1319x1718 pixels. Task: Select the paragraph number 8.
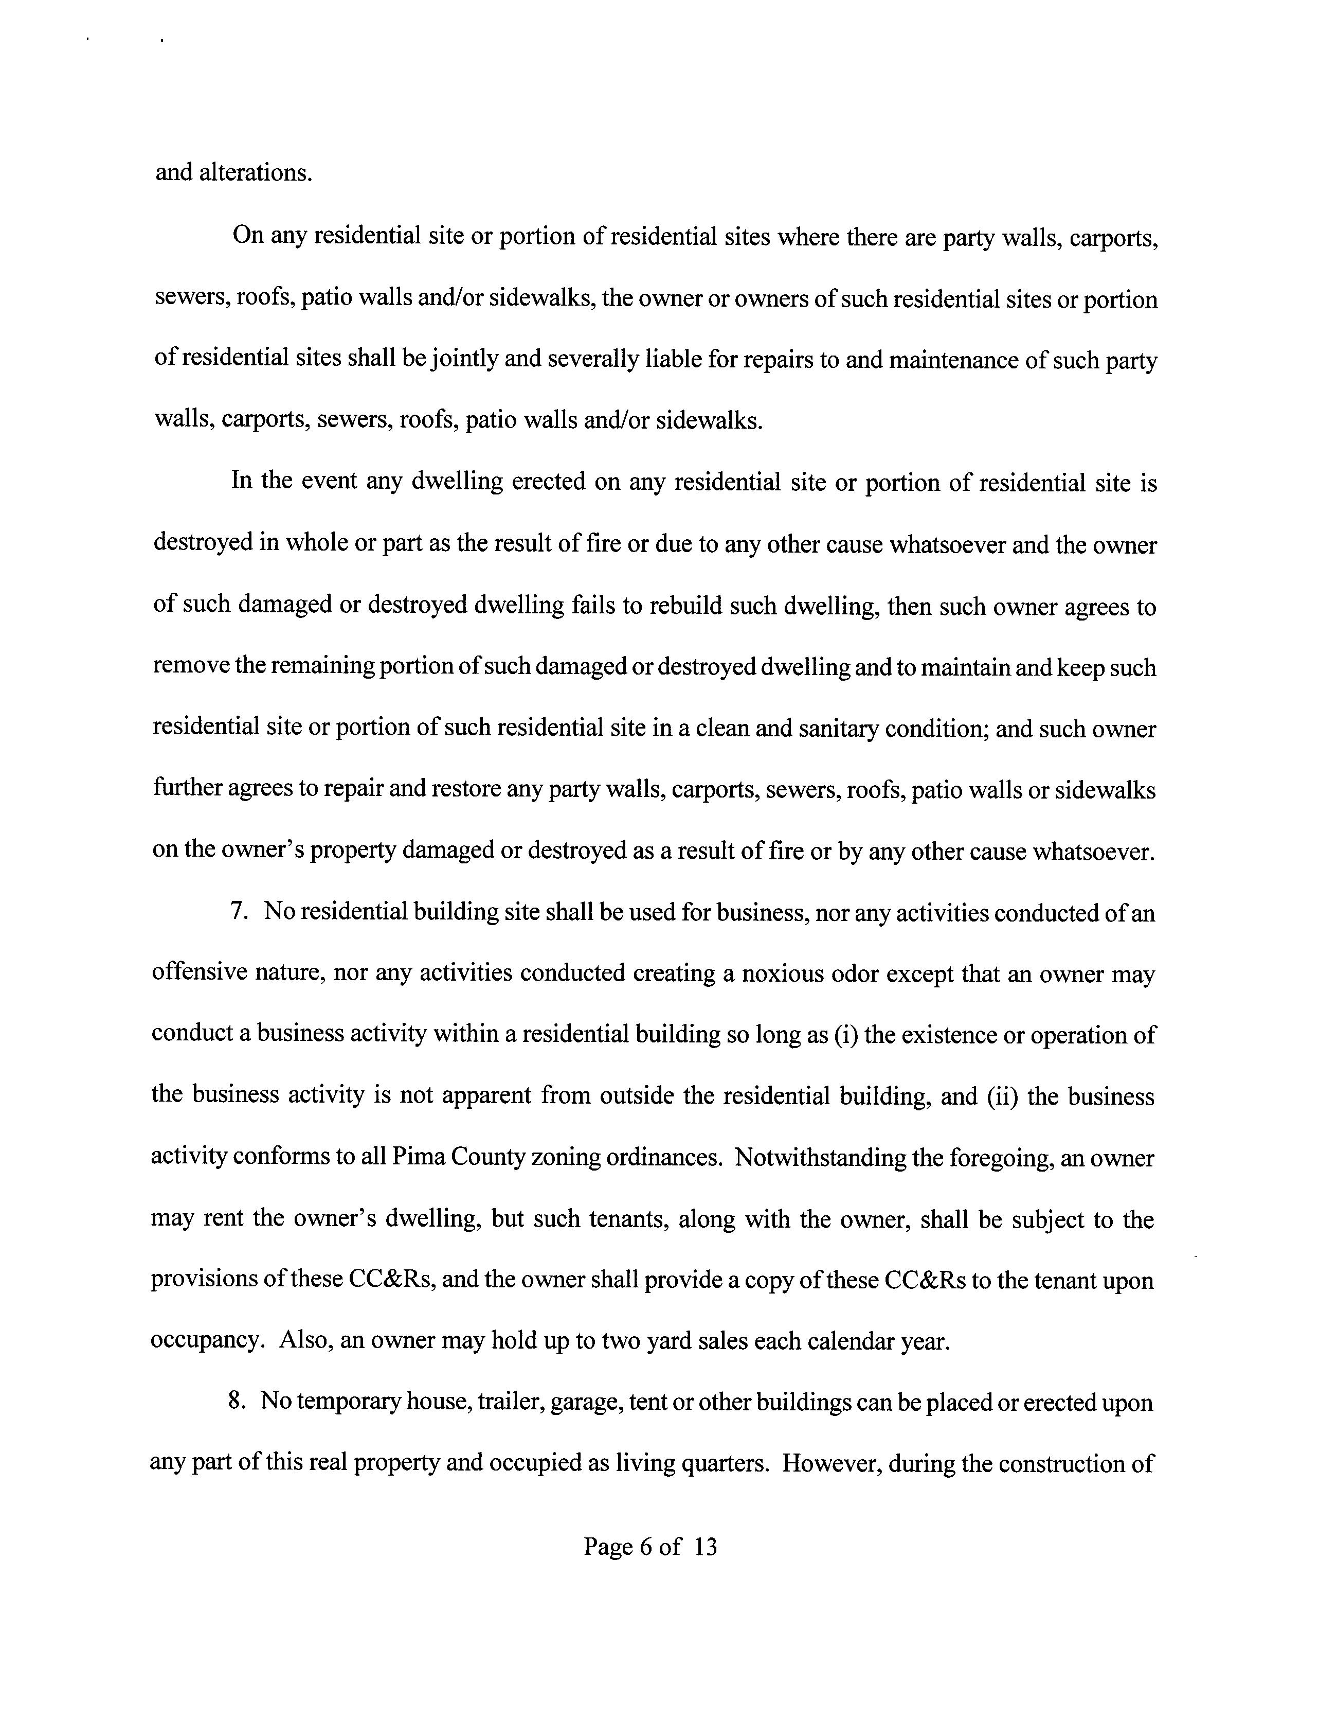coord(235,1402)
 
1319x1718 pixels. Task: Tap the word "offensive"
coord(198,973)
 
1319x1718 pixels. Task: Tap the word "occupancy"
coord(206,1342)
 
